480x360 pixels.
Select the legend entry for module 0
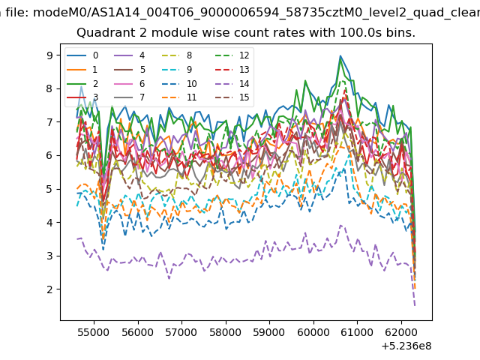pyautogui.click(x=82, y=55)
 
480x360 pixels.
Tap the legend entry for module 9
pyautogui.click(x=177, y=70)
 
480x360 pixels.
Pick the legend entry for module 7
pyautogui.click(x=130, y=97)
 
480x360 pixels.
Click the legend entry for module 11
pyautogui.click(x=178, y=97)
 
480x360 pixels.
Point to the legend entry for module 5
pyautogui.click(x=130, y=70)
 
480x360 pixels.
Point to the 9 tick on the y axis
pyautogui.click(x=49, y=55)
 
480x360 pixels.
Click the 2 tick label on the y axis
pyautogui.click(x=49, y=289)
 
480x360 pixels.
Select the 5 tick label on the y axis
pyautogui.click(x=49, y=189)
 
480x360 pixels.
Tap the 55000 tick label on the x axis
pyautogui.click(x=93, y=332)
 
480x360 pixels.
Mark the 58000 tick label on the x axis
pyautogui.click(x=226, y=332)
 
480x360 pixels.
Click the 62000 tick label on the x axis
pyautogui.click(x=401, y=332)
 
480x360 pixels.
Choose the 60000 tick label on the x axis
pyautogui.click(x=313, y=332)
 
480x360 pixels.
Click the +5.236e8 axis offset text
pyautogui.click(x=406, y=346)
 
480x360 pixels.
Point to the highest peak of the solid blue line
pyautogui.click(x=340, y=56)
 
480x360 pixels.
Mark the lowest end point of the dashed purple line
pyautogui.click(x=415, y=305)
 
